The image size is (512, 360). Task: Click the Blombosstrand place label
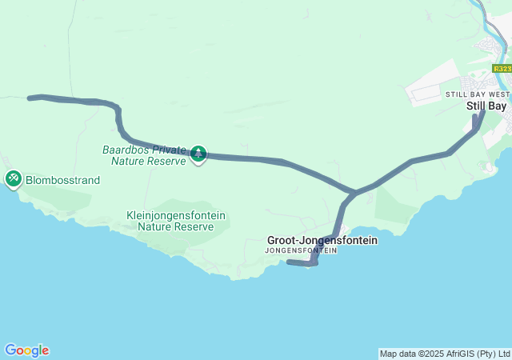pyautogui.click(x=62, y=180)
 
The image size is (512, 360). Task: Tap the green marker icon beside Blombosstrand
pyautogui.click(x=14, y=178)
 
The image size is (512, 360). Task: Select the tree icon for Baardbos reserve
pyautogui.click(x=198, y=154)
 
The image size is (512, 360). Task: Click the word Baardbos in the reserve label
pyautogui.click(x=128, y=149)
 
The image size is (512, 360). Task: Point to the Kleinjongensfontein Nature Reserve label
pyautogui.click(x=176, y=221)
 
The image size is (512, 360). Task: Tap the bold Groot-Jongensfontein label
pyautogui.click(x=322, y=240)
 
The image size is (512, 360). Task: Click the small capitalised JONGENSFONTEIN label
pyautogui.click(x=301, y=250)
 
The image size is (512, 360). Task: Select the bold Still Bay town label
pyautogui.click(x=486, y=106)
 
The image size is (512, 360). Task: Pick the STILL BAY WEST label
pyautogui.click(x=476, y=94)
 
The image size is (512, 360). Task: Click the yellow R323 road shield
pyautogui.click(x=502, y=69)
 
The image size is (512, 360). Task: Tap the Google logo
pyautogui.click(x=26, y=350)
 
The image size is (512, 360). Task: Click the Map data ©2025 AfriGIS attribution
pyautogui.click(x=444, y=354)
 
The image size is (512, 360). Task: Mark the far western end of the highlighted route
pyautogui.click(x=30, y=98)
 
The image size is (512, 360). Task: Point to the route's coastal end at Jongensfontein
pyautogui.click(x=289, y=262)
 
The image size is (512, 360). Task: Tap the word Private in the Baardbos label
pyautogui.click(x=170, y=149)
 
